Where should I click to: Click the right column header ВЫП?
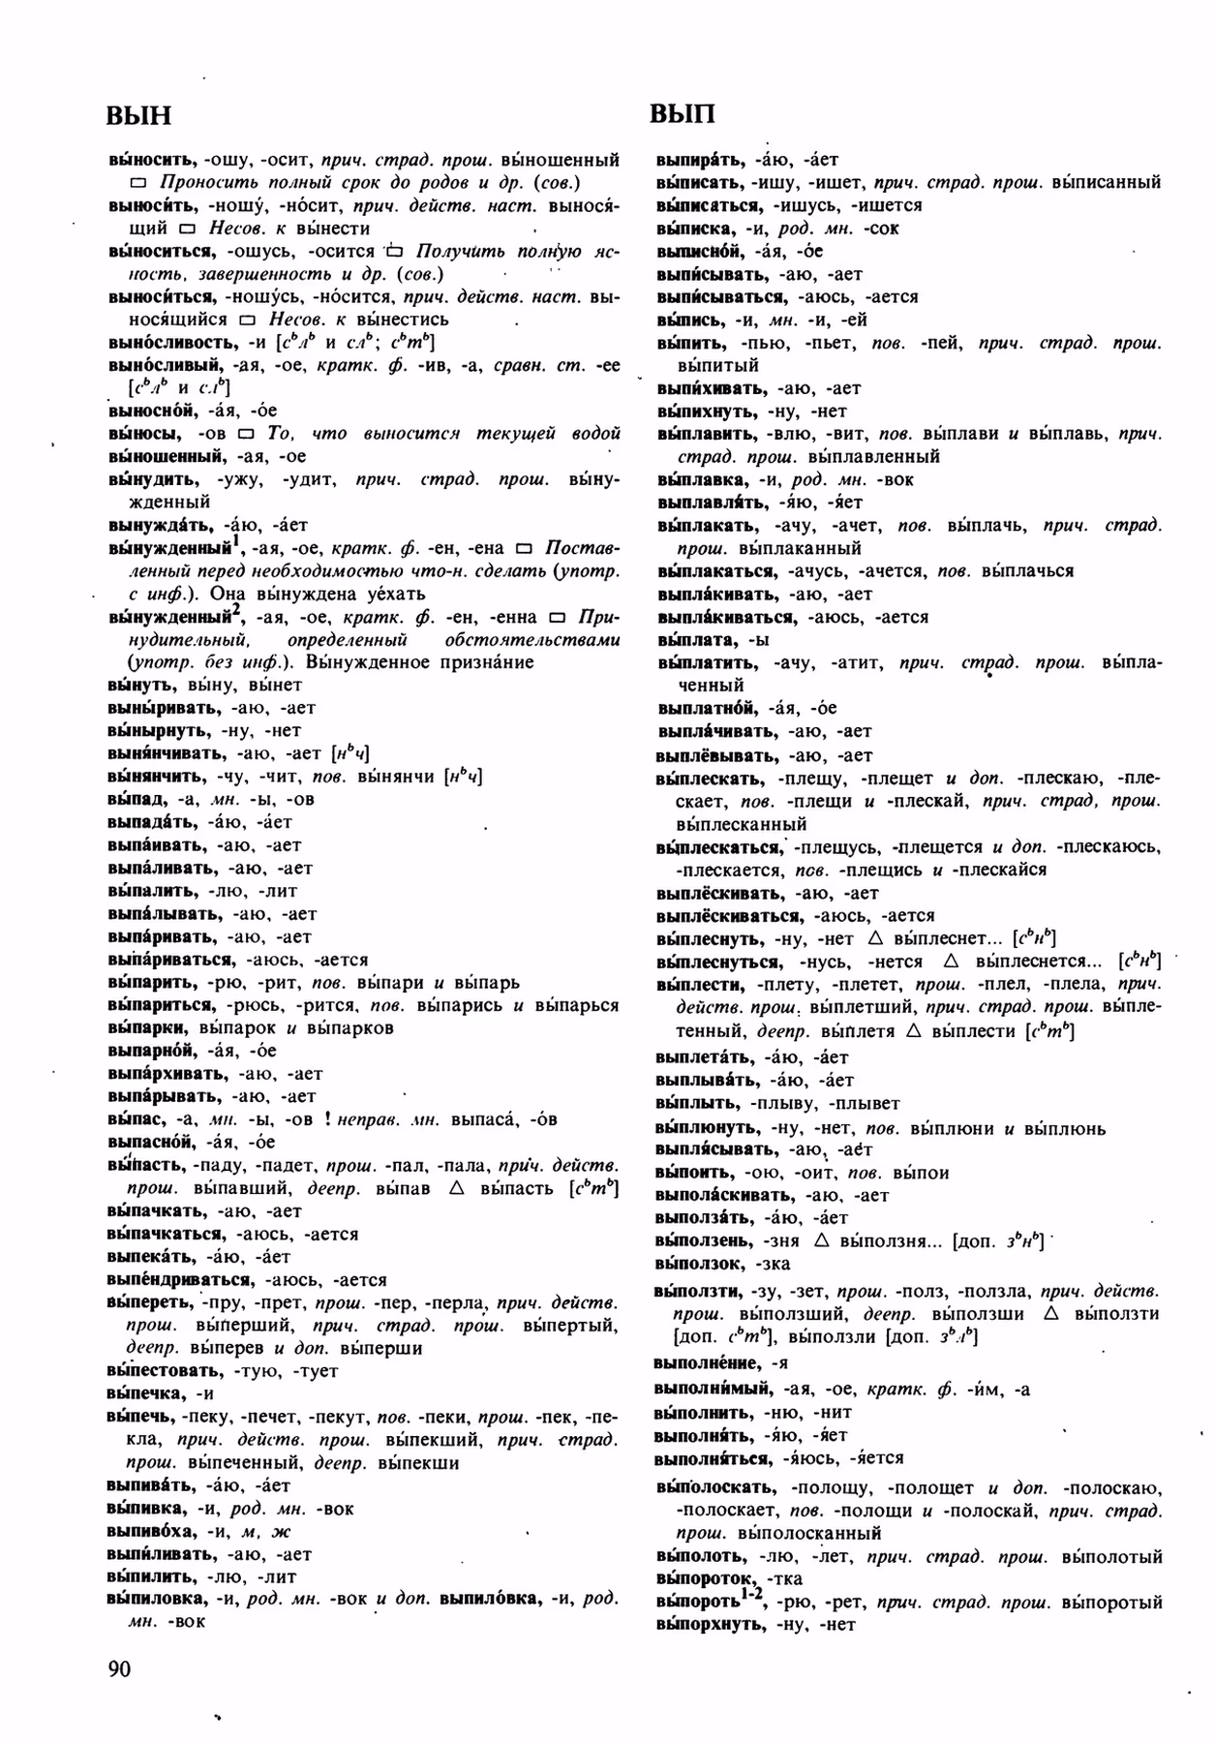[x=683, y=114]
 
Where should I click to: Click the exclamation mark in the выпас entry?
[x=328, y=1119]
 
